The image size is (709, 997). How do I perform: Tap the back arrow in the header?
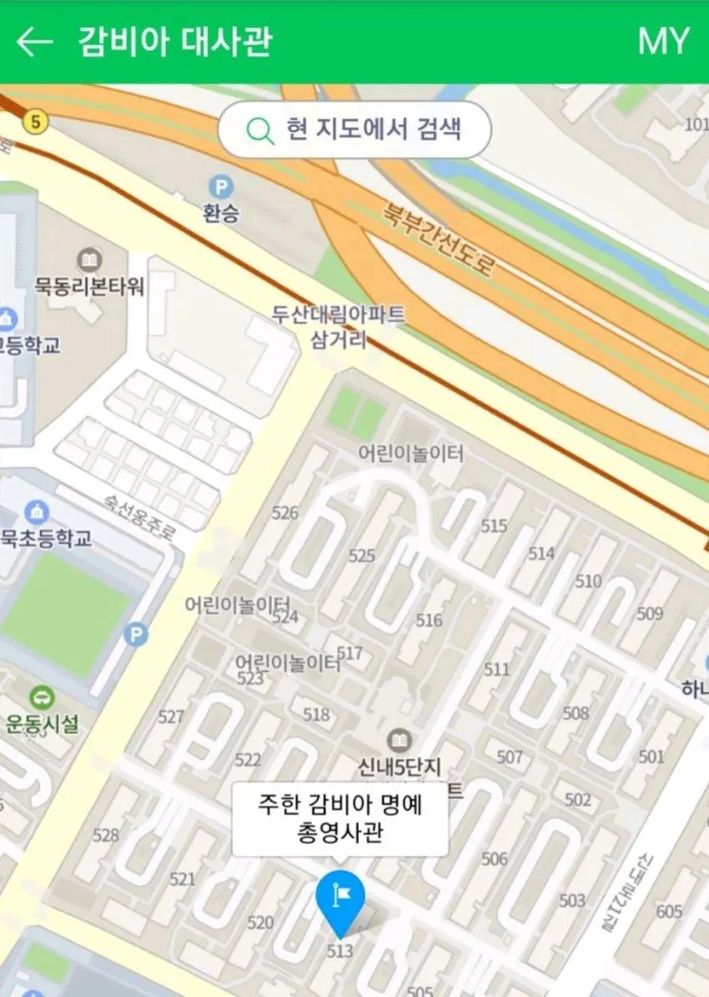coord(34,42)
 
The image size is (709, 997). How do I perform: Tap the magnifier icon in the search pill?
coord(260,130)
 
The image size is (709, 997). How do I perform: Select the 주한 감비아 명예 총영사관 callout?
coord(339,819)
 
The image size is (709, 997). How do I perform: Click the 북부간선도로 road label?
coord(439,239)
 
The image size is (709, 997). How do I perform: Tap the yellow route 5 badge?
coord(34,122)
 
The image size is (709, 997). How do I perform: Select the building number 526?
coord(284,512)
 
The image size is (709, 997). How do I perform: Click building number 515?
coord(494,526)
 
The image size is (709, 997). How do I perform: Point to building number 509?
coord(650,614)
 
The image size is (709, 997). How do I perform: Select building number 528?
coord(106,835)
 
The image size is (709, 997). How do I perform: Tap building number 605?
coord(669,911)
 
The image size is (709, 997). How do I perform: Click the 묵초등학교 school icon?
coord(37,511)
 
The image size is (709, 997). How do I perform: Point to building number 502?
coord(577,800)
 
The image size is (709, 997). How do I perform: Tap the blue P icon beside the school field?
coord(135,635)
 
